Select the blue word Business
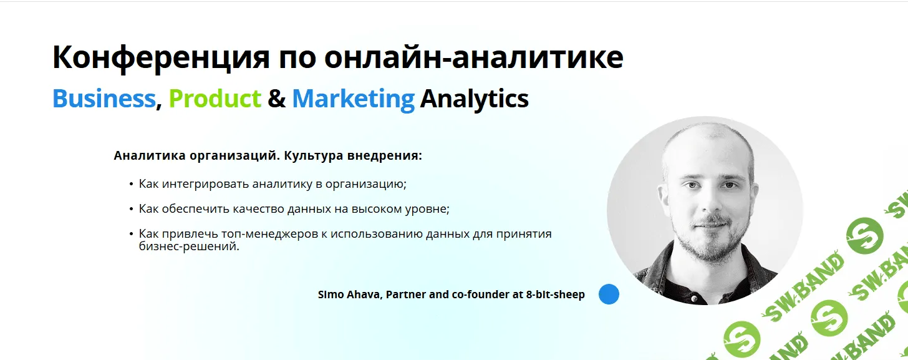point(104,99)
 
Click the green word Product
point(215,99)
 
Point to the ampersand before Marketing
point(276,99)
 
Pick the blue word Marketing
point(353,99)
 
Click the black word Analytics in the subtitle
point(474,99)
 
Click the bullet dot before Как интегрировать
point(132,184)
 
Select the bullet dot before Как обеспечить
point(132,209)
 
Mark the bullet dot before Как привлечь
point(132,234)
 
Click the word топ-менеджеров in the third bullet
point(269,234)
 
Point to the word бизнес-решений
point(189,246)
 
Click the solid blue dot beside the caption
point(609,294)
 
